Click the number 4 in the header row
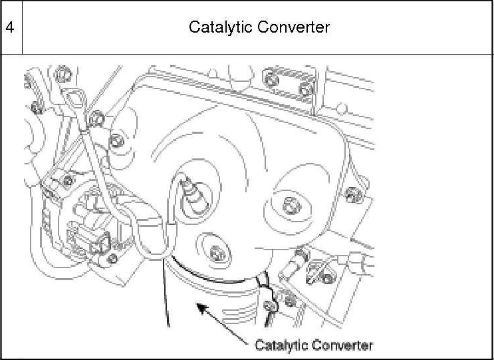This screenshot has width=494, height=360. pyautogui.click(x=10, y=27)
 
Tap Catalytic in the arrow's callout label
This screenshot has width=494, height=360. pyautogui.click(x=280, y=345)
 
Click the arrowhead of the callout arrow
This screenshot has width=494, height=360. pyautogui.click(x=197, y=305)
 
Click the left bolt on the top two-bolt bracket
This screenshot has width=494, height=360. pyautogui.click(x=271, y=79)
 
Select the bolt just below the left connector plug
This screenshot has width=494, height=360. pyautogui.click(x=112, y=258)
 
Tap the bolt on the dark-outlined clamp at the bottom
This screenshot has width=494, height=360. pyautogui.click(x=271, y=306)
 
